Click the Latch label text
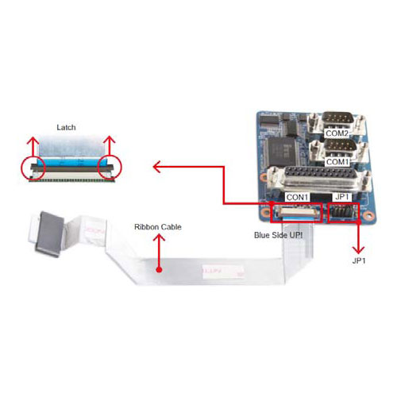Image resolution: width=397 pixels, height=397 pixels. tap(66, 127)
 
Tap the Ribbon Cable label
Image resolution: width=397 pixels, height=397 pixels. tap(158, 227)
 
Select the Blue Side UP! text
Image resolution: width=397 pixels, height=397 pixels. tap(279, 235)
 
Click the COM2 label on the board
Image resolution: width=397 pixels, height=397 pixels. tap(337, 133)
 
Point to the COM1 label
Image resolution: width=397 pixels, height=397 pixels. tap(337, 161)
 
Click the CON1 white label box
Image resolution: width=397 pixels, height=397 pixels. tap(298, 197)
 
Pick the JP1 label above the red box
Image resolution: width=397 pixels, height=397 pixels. tap(342, 197)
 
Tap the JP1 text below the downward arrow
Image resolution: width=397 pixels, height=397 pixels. tap(359, 260)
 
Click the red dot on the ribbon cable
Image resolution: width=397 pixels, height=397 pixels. tap(159, 270)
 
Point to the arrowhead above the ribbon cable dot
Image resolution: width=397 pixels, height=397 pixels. tap(159, 237)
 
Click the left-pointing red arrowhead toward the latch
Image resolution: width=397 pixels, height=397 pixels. tap(156, 167)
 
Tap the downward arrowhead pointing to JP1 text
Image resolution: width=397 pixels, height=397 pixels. tap(358, 250)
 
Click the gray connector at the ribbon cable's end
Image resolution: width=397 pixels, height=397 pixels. tap(49, 234)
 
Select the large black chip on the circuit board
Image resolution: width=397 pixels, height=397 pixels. tap(281, 152)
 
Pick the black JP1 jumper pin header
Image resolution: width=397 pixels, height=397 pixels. tap(343, 213)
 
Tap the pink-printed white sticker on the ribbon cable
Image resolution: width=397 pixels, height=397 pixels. tap(223, 272)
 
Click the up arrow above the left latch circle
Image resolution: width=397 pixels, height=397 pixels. tap(33, 146)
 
